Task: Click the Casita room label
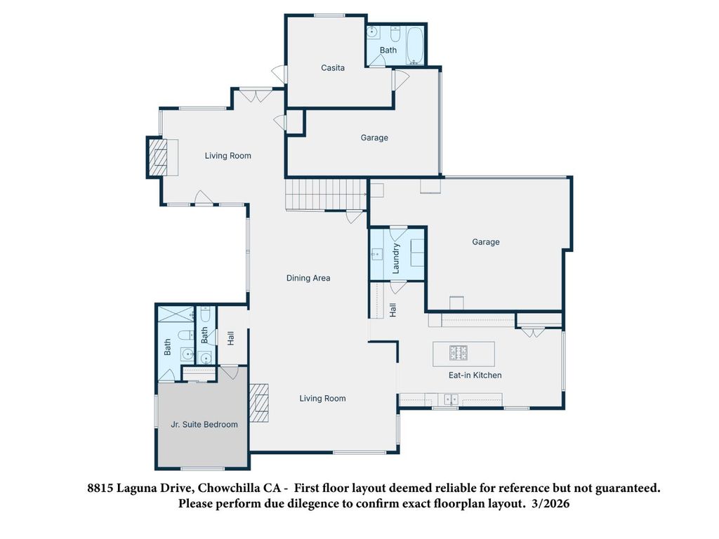point(332,68)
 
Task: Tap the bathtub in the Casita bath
point(415,37)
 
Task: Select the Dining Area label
point(308,278)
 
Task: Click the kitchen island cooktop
point(459,352)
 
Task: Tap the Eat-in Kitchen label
point(475,375)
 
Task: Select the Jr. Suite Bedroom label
point(204,425)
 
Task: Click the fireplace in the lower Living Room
point(260,403)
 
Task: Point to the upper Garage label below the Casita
point(374,138)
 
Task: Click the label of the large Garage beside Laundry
point(485,242)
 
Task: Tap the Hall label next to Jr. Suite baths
point(230,338)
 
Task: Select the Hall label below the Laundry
point(393,309)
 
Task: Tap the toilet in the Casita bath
point(395,34)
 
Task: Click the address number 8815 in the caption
point(99,488)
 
